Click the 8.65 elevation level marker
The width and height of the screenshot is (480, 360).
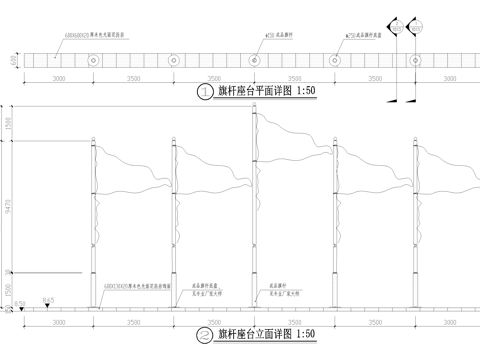point(47,300)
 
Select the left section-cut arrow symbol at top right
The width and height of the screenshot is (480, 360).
point(393,26)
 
